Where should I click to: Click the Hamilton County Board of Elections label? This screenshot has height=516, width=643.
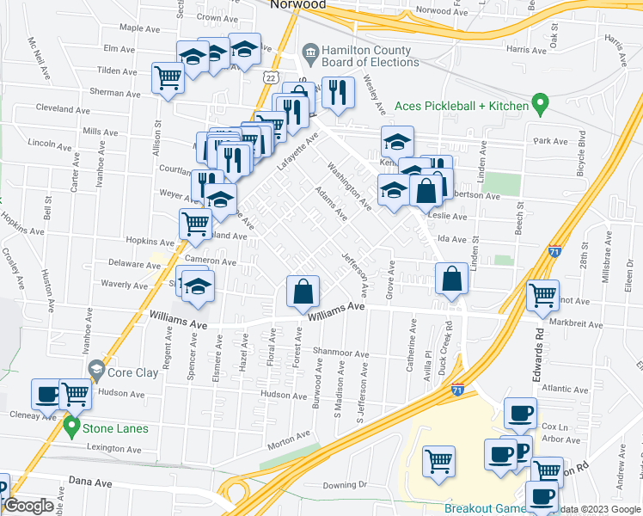point(370,56)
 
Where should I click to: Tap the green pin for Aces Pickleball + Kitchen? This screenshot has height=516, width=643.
point(540,105)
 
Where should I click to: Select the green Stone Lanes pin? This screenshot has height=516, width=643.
point(70,427)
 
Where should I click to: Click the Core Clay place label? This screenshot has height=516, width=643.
point(132,373)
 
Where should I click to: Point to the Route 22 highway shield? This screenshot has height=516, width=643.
point(271,77)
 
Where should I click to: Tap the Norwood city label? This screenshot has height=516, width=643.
point(298,4)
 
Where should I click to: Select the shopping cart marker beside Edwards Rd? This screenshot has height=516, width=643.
point(542,296)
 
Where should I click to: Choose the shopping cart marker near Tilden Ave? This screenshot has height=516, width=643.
point(168,78)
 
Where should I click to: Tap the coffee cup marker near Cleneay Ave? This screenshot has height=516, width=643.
point(46,394)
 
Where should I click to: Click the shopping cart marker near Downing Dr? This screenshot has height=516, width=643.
point(438,461)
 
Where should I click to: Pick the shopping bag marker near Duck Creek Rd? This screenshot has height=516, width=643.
point(451,279)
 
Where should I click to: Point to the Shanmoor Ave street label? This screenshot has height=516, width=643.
point(340,351)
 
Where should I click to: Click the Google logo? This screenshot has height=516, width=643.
point(28,507)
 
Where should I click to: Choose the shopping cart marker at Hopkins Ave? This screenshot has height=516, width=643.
point(196,224)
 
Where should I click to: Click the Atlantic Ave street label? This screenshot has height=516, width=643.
point(565,389)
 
